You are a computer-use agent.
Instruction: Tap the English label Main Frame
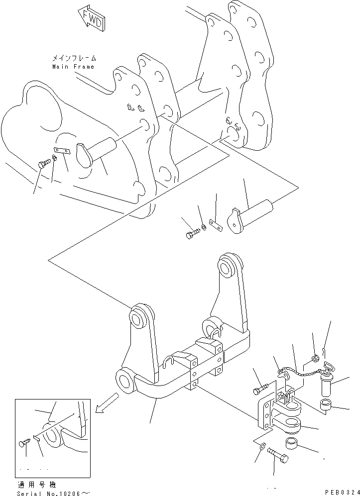coord(73,67)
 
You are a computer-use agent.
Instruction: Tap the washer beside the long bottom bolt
coord(262,445)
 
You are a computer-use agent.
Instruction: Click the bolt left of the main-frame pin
coord(44,162)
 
